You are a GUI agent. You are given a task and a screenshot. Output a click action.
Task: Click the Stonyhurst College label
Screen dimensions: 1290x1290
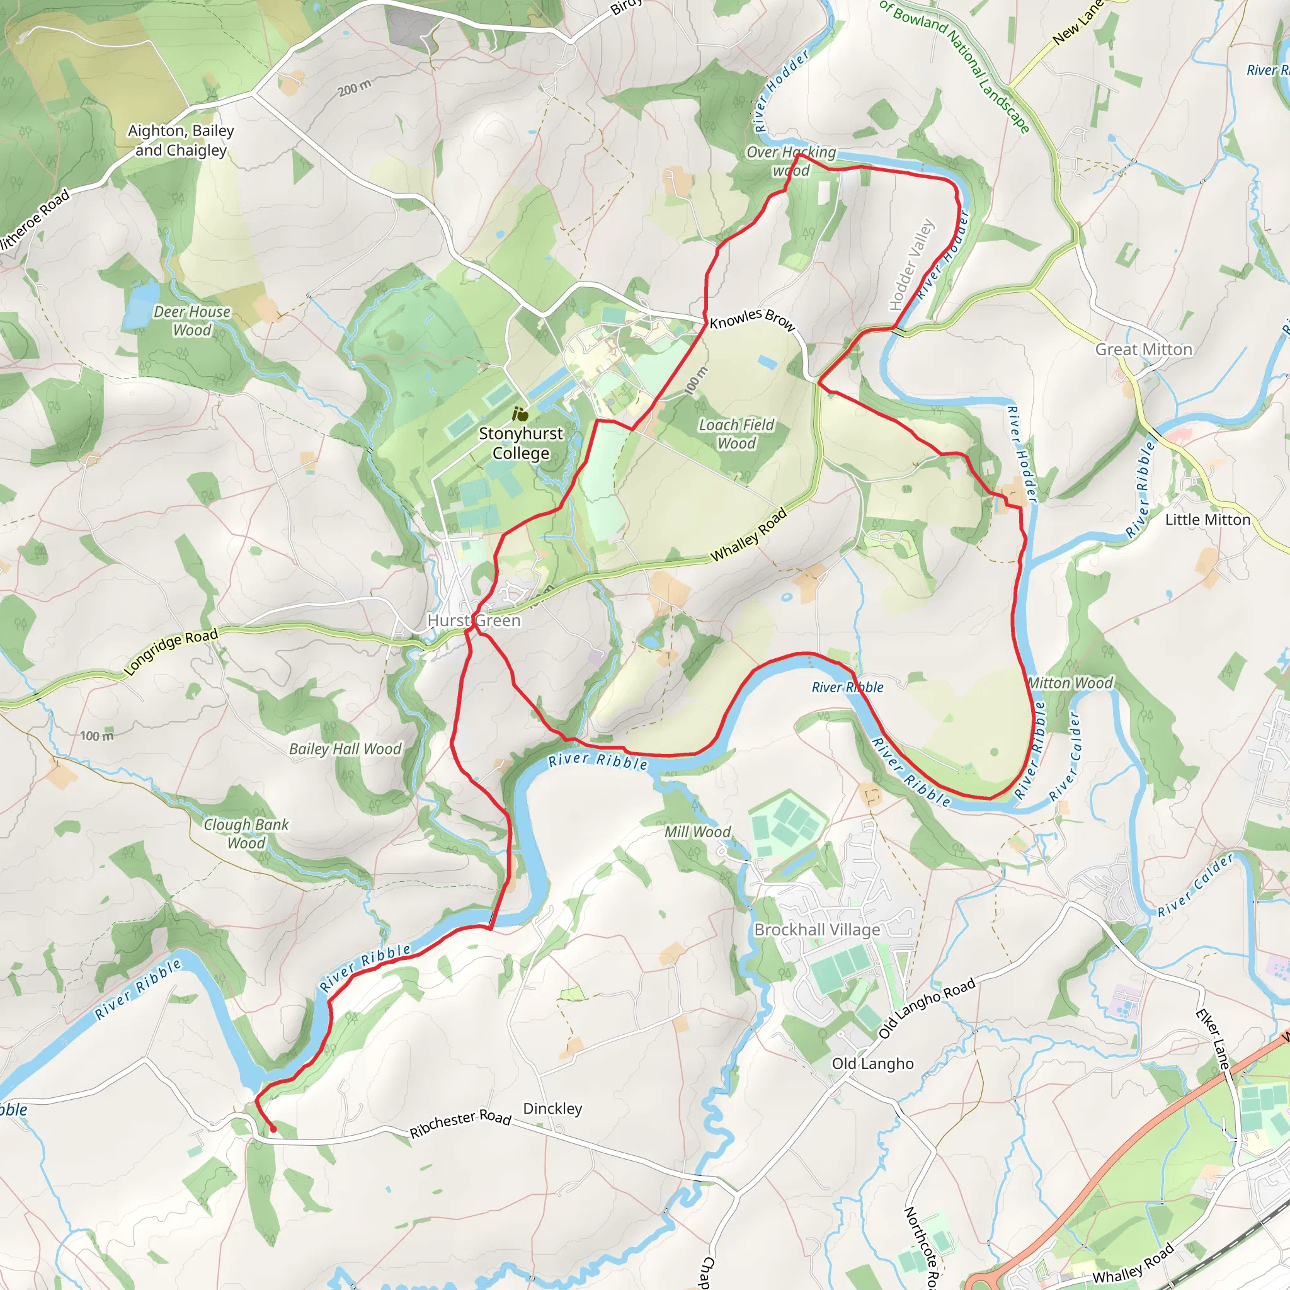coord(520,443)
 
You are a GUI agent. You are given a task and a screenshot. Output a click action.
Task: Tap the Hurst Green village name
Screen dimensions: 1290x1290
coord(474,620)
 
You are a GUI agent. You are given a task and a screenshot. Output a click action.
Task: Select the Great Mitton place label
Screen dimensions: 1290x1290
coord(1143,349)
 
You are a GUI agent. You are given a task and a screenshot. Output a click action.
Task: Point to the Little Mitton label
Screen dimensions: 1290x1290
coord(1207,520)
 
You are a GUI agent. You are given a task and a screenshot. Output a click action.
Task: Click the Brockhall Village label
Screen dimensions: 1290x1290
coord(816,930)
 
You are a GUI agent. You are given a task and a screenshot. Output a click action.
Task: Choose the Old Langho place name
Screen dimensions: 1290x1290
coord(872,1063)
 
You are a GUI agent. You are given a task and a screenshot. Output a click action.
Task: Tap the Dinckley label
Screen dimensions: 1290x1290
coord(552,1109)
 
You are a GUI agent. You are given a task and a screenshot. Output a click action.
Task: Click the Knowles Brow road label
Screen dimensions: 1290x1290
coord(752,320)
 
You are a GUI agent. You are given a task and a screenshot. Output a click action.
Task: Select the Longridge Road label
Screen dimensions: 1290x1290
coord(171,652)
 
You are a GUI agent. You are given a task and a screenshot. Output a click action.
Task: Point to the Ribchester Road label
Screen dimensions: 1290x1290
coord(460,1123)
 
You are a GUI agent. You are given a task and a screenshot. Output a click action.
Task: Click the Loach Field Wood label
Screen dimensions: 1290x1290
coord(736,434)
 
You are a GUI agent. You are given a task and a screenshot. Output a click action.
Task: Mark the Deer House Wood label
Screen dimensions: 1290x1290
coord(191,321)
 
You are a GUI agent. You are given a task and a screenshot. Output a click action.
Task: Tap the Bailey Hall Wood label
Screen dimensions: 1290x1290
coord(345,748)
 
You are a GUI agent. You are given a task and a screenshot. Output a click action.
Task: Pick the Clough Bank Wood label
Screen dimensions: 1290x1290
coord(246,833)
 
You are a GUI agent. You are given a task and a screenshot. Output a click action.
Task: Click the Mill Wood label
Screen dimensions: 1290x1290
coord(697,831)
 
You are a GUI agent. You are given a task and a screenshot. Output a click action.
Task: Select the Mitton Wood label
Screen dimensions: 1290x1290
coord(1070,682)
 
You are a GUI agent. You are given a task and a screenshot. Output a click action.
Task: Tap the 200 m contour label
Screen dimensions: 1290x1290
coord(355,88)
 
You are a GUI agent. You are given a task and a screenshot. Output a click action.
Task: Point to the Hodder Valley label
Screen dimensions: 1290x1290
coord(911,265)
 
